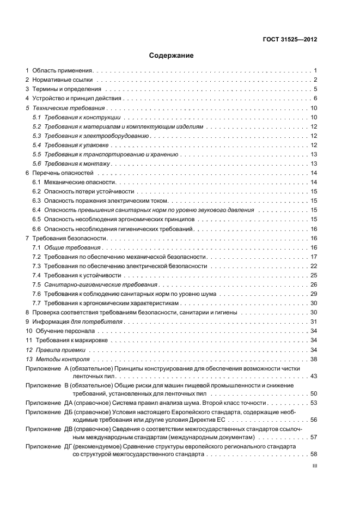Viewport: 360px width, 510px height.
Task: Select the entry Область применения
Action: (63, 71)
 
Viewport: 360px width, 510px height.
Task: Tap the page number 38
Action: (314, 360)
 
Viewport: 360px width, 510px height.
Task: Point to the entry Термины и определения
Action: (67, 89)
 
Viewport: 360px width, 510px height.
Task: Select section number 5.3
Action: (37, 136)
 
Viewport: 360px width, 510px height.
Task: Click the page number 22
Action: (314, 266)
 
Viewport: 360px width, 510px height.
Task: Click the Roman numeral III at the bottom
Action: (314, 466)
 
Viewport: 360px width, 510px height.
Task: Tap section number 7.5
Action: (37, 285)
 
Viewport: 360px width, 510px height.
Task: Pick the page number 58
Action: (314, 454)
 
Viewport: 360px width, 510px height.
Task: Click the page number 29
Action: (314, 294)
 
